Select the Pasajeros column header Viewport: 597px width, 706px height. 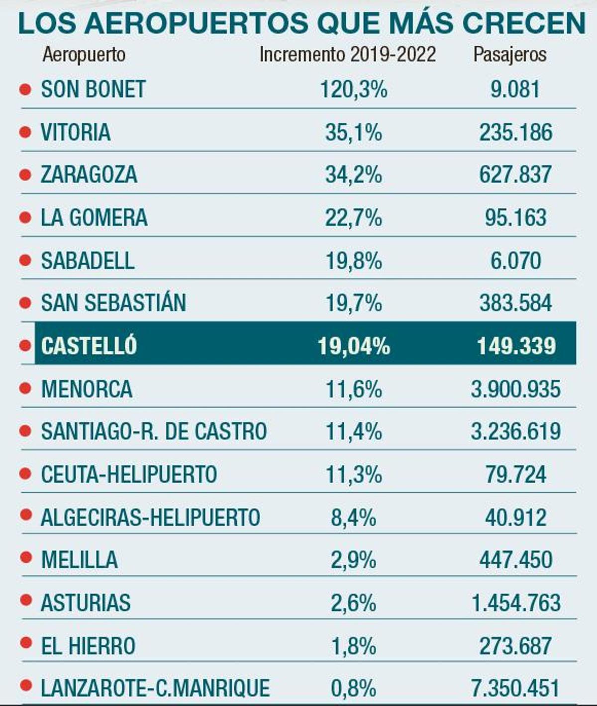[509, 54]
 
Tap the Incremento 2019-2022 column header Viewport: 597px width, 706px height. [348, 54]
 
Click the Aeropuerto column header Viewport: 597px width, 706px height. [84, 54]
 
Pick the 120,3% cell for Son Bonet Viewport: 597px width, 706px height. [353, 90]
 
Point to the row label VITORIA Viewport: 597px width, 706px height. [75, 132]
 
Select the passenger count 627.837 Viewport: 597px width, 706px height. [515, 175]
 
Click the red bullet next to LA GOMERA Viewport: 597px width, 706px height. [25, 217]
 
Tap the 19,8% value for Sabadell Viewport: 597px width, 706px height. [353, 261]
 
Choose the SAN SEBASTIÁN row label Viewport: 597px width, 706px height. [113, 303]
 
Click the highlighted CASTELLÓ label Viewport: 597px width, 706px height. [89, 346]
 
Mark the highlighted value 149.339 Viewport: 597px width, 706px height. [516, 346]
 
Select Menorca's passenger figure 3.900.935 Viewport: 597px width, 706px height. [515, 389]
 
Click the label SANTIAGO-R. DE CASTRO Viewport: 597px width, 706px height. [154, 431]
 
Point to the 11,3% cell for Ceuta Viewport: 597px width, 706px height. [353, 475]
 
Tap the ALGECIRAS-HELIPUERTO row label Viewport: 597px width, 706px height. [150, 517]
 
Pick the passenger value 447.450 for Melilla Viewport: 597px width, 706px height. [515, 560]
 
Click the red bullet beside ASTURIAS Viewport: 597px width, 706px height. [25, 601]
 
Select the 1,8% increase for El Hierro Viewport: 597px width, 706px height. [353, 646]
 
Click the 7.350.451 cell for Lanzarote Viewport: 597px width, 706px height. [515, 689]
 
